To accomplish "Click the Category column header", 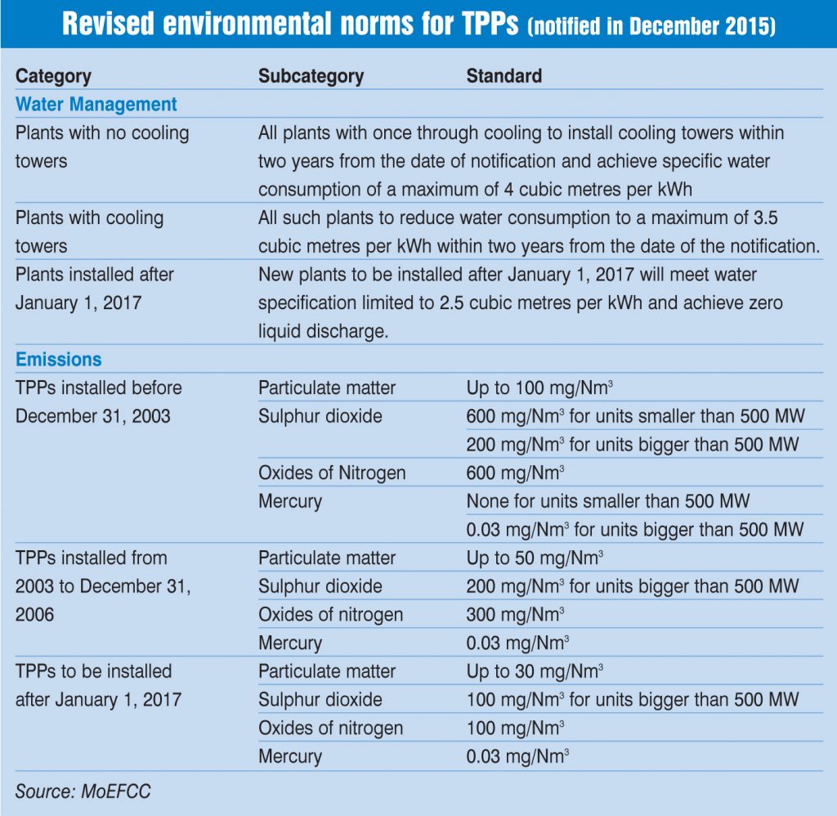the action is click(53, 76).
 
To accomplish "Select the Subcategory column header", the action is click(311, 76).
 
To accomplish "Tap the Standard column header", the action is click(504, 76).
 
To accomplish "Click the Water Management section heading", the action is click(96, 104).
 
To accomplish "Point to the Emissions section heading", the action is click(58, 360).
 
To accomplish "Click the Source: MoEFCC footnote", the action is click(83, 791).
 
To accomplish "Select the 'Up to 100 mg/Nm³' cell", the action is click(539, 388).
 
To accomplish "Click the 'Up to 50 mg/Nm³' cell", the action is click(535, 558).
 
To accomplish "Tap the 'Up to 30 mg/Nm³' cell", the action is click(535, 671).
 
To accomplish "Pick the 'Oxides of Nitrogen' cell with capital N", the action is click(332, 473).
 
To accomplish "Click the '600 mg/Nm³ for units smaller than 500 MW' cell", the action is click(635, 416).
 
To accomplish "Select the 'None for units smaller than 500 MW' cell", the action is click(608, 501).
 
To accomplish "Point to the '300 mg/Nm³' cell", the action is click(515, 615).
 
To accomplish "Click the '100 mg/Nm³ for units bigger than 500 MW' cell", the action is click(633, 700).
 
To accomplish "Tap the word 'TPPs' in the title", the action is click(490, 24).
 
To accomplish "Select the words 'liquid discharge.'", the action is click(323, 331).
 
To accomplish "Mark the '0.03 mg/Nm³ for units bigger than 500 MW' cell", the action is click(634, 530).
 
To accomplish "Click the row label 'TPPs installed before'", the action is click(99, 388).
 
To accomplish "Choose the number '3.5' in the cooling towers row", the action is click(765, 217).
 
